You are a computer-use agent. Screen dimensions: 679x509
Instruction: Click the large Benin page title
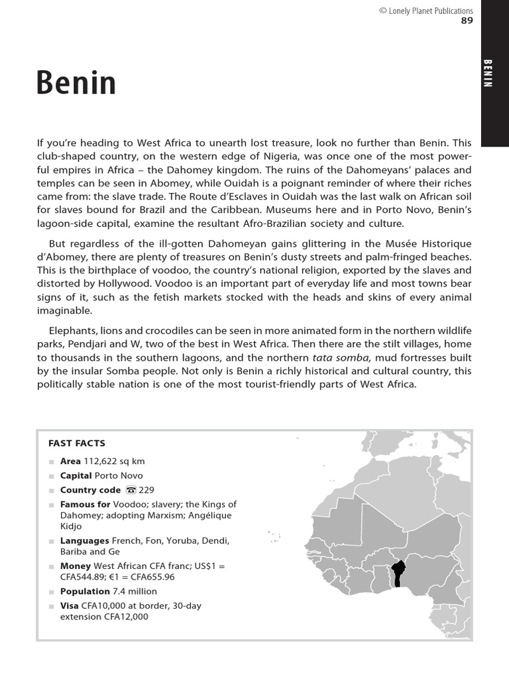pyautogui.click(x=76, y=84)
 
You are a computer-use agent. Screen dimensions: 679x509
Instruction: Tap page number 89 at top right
pyautogui.click(x=467, y=21)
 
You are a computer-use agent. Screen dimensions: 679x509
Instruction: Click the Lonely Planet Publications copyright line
pyautogui.click(x=425, y=11)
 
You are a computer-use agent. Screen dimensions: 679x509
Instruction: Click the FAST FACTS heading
pyautogui.click(x=77, y=443)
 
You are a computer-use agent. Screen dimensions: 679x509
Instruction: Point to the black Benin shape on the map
pyautogui.click(x=398, y=573)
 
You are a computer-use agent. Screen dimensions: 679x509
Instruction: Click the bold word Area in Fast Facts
pyautogui.click(x=70, y=461)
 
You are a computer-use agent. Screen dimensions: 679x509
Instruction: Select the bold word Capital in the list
pyautogui.click(x=76, y=475)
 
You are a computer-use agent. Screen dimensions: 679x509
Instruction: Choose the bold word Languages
pyautogui.click(x=85, y=540)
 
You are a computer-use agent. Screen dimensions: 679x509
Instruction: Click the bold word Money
pyautogui.click(x=75, y=566)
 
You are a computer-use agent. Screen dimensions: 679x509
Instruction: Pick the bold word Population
pyautogui.click(x=85, y=591)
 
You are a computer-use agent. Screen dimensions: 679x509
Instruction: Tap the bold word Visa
pyautogui.click(x=69, y=605)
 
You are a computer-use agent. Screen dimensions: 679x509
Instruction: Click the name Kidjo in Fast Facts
pyautogui.click(x=71, y=526)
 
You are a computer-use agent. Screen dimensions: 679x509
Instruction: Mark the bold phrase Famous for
pyautogui.click(x=85, y=505)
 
